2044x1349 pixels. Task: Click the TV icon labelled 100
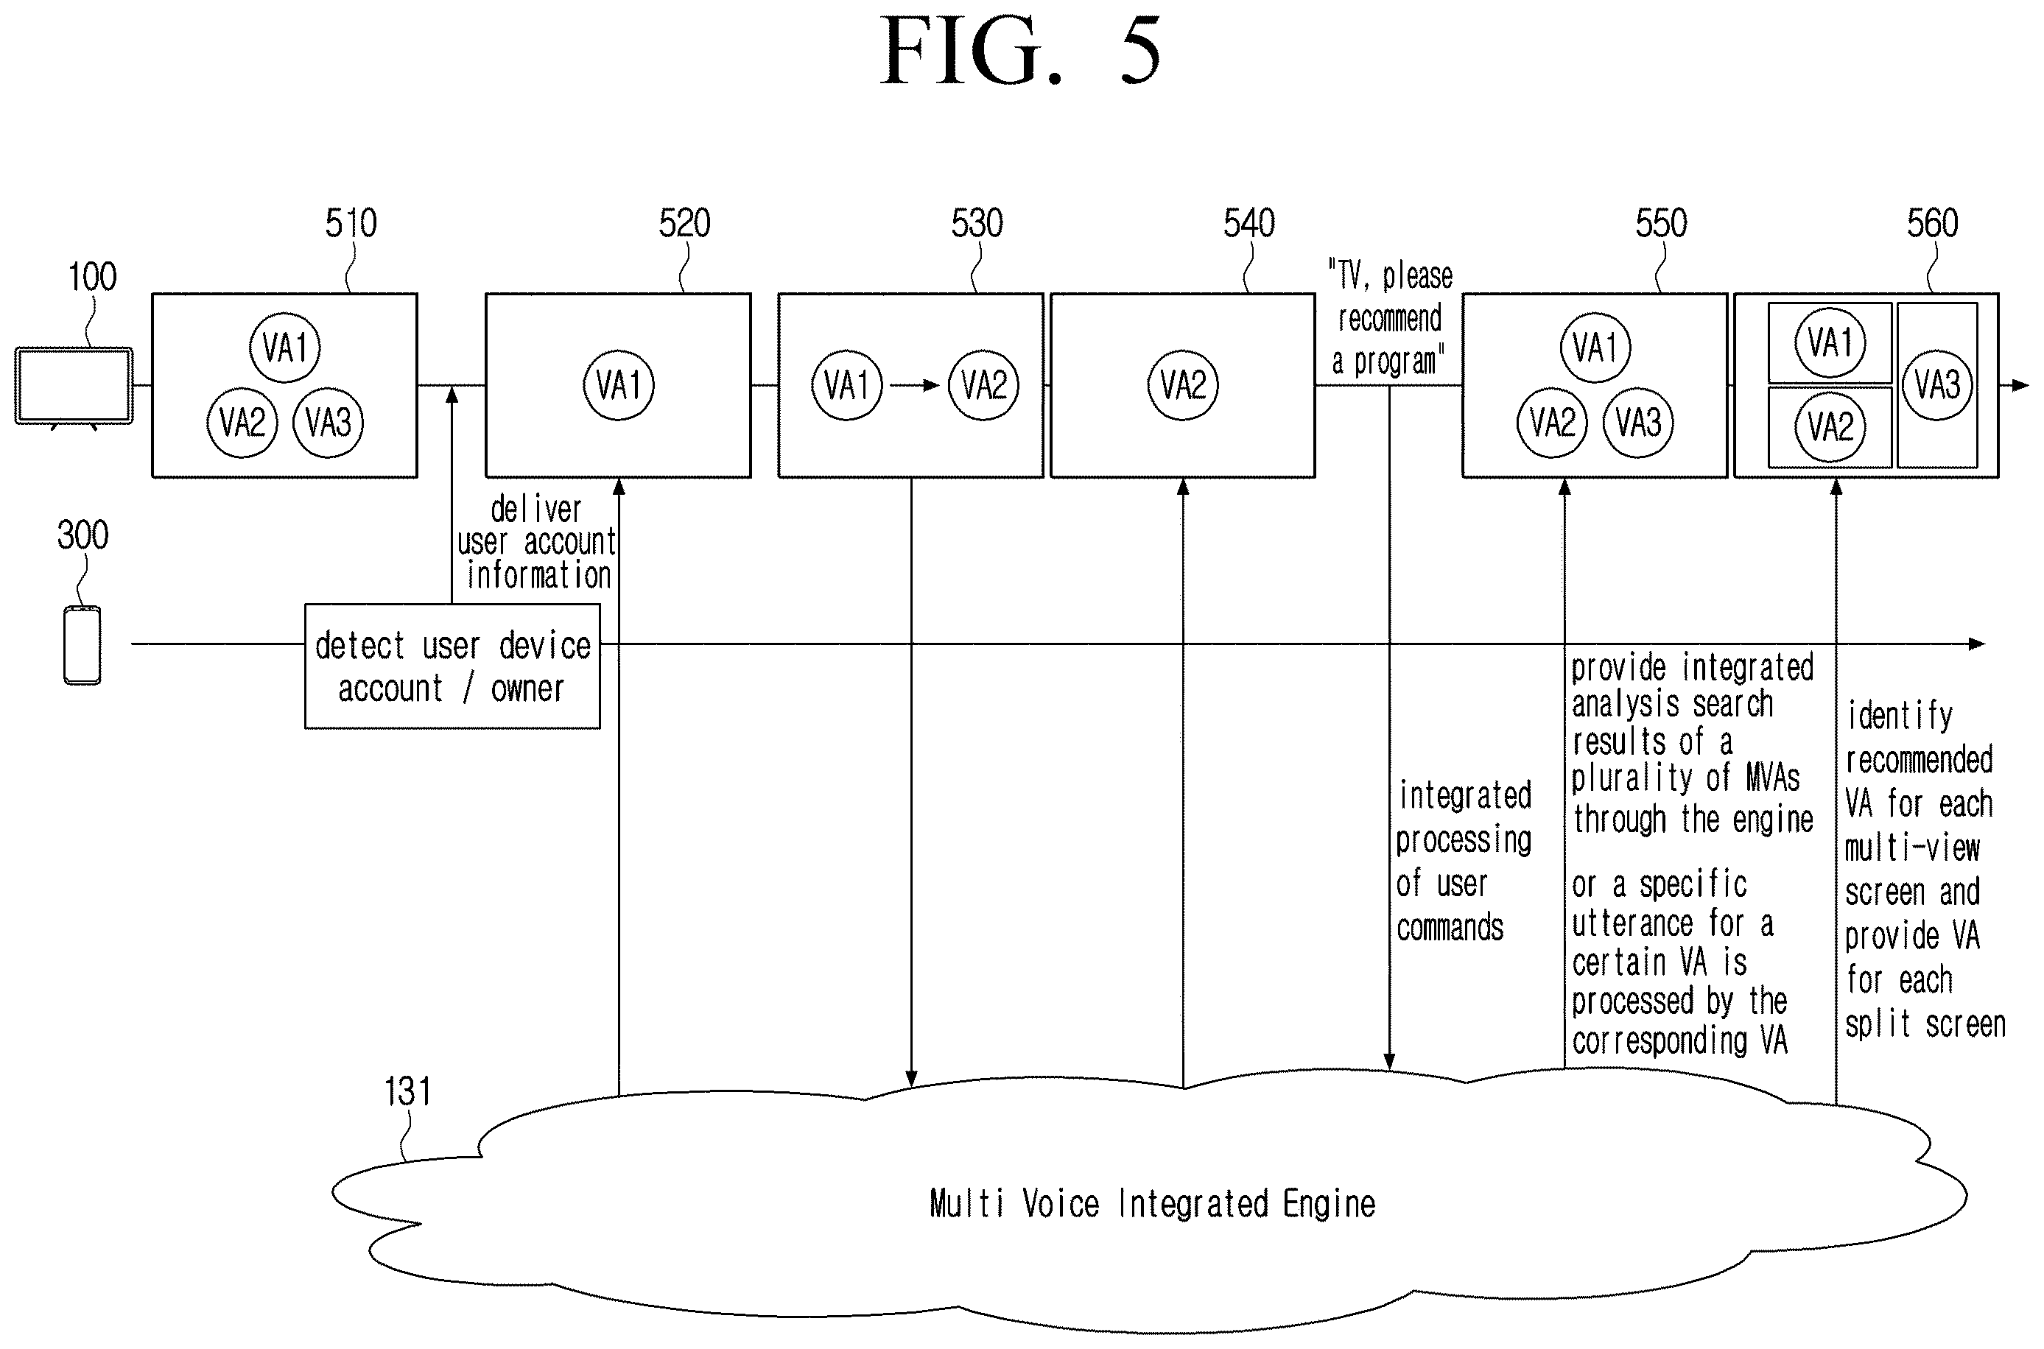tap(74, 387)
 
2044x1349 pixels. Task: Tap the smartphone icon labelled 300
tap(82, 645)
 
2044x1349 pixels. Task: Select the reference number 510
tap(351, 224)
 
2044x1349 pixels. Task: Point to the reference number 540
tap(1248, 224)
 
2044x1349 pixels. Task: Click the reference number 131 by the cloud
tap(407, 1092)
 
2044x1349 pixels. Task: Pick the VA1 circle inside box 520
tap(619, 385)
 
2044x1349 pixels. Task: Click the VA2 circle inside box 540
tap(1184, 385)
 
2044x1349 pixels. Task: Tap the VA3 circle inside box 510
tap(328, 423)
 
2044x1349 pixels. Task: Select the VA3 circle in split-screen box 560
tap(1937, 384)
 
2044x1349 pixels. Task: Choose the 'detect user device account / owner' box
tap(453, 666)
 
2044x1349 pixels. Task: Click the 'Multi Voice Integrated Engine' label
tap(1153, 1204)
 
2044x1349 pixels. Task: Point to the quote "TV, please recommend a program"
tap(1389, 319)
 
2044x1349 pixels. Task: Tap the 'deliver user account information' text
tap(537, 543)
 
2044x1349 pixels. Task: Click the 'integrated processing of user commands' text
tap(1464, 862)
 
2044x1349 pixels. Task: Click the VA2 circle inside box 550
tap(1552, 423)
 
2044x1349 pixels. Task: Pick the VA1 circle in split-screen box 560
tap(1830, 342)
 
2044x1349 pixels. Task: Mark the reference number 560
tap(1932, 224)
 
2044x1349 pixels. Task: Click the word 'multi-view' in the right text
tap(1912, 848)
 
